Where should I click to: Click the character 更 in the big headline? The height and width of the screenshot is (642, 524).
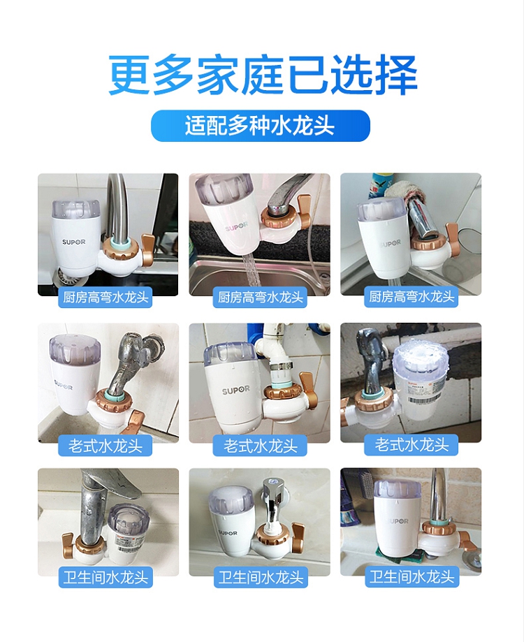point(129,75)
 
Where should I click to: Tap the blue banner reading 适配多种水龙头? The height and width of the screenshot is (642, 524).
point(261,126)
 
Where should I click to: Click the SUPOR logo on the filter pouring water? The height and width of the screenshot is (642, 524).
point(236,226)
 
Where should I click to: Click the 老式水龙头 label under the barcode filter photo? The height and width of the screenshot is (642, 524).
point(411,444)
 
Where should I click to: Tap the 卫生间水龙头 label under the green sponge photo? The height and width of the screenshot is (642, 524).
point(412,577)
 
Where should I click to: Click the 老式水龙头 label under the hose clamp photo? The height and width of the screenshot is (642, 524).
point(261,446)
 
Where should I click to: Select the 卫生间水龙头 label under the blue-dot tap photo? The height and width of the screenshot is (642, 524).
point(261,577)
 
